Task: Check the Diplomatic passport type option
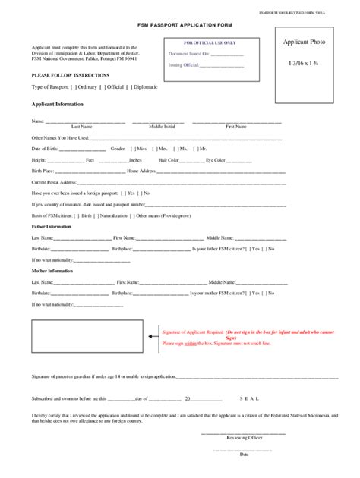130,87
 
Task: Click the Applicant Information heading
58,104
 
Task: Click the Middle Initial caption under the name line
161,126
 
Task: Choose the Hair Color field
190,160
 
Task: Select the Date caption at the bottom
244,454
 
